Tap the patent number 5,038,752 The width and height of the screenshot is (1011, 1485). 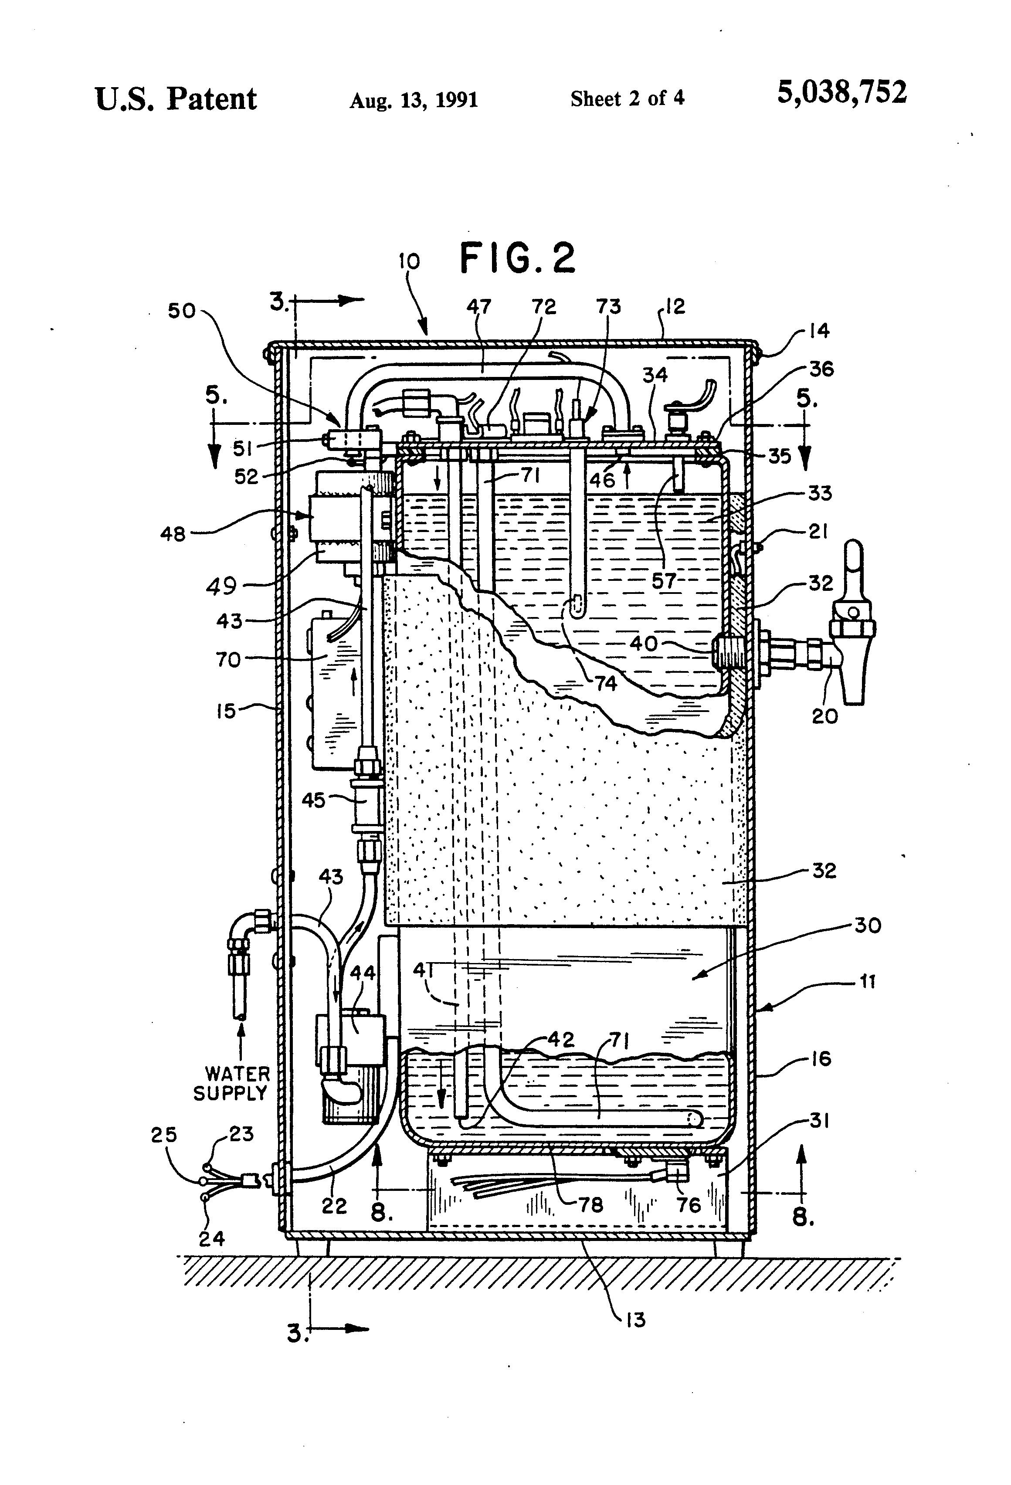pyautogui.click(x=841, y=93)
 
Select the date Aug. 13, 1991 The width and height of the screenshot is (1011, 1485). pyautogui.click(x=414, y=100)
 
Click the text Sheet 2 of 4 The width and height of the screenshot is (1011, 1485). pyautogui.click(x=627, y=98)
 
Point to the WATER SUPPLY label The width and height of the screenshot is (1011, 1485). pyautogui.click(x=231, y=1083)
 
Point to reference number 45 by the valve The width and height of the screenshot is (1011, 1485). pyautogui.click(x=313, y=800)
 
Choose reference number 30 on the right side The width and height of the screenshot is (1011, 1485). pyautogui.click(x=867, y=925)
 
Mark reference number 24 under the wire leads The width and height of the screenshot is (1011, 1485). pyautogui.click(x=211, y=1238)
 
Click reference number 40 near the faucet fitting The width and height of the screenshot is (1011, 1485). pyautogui.click(x=644, y=644)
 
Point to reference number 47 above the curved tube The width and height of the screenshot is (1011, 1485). pyautogui.click(x=478, y=307)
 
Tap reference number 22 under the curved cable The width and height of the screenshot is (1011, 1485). pyautogui.click(x=334, y=1206)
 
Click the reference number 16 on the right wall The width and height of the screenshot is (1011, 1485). pyautogui.click(x=820, y=1059)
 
